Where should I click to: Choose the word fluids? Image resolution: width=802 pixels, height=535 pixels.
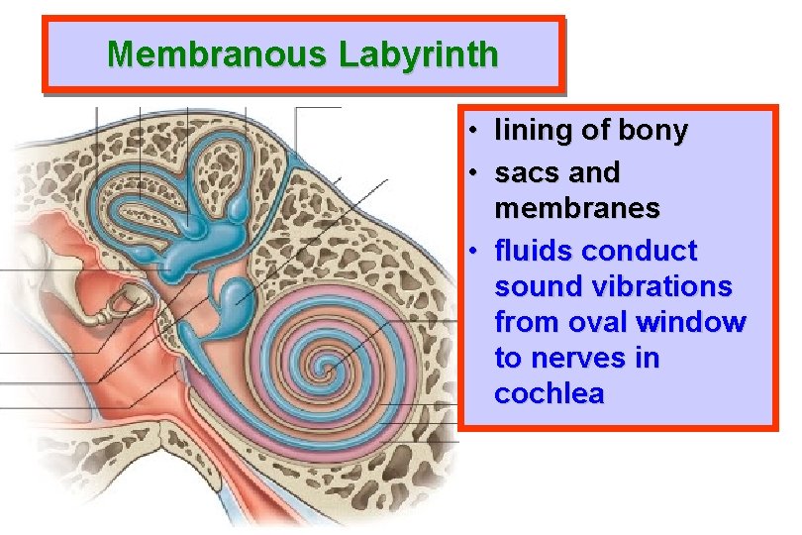click(x=534, y=251)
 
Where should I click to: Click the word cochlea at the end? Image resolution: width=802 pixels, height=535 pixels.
click(x=550, y=393)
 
